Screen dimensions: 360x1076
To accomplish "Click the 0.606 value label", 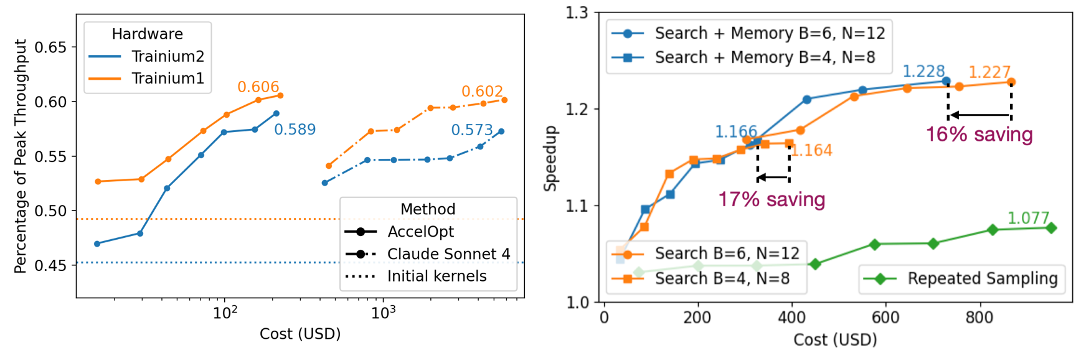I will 258,87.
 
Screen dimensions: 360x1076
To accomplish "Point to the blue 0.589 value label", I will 295,130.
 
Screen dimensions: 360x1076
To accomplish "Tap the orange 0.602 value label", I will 482,92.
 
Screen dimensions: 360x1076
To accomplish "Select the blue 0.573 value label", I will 471,130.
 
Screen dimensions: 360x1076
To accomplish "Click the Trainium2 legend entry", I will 168,57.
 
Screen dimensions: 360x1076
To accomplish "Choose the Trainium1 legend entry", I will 168,78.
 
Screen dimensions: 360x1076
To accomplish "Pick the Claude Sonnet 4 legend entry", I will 448,254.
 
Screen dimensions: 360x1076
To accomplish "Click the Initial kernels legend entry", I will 437,276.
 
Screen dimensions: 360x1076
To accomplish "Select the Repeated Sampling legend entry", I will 982,278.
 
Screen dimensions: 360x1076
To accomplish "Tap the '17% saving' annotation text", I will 772,199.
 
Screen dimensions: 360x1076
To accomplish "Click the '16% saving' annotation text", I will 979,135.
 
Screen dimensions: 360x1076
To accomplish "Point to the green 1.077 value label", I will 1028,218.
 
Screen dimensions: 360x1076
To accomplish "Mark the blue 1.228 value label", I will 923,72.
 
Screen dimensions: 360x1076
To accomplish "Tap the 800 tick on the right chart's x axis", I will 979,318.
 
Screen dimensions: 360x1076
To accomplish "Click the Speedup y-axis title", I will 550,158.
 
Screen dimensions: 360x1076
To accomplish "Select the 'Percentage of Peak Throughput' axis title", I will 21,156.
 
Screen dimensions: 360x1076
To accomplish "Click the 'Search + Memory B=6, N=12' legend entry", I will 770,33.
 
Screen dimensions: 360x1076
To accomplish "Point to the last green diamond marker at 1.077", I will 1051,228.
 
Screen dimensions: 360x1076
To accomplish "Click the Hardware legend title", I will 148,34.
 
